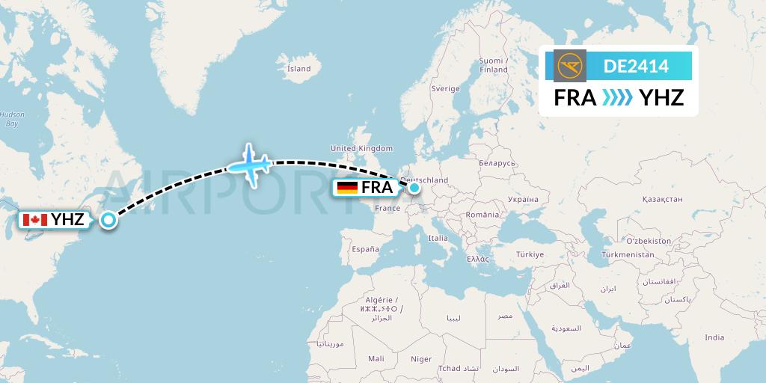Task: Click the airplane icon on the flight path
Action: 250,164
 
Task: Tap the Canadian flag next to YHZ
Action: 35,219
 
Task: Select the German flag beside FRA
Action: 347,188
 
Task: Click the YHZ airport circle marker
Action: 109,220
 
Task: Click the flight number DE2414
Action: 636,67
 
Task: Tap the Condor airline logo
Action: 572,66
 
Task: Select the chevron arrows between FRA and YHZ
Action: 618,98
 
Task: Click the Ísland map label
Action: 298,69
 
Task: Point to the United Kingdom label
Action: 361,149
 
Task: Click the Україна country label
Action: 523,200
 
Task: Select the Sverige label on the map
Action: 445,88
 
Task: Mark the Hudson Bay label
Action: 11,119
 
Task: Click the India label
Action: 714,337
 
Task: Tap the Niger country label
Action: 421,359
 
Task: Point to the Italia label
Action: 438,238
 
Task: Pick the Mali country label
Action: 376,359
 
